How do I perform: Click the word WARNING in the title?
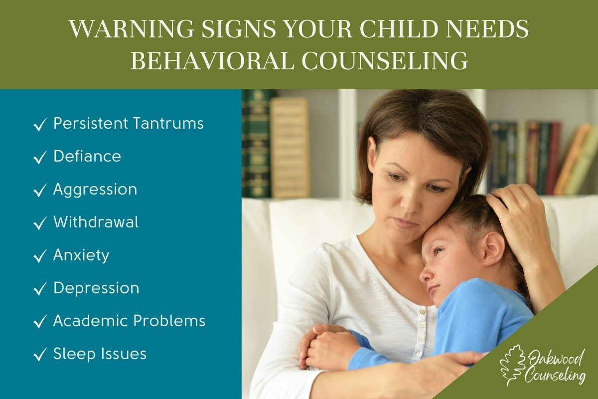132,29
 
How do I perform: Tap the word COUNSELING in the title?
385,61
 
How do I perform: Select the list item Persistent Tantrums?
129,124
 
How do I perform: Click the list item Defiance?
87,156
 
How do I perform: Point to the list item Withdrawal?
96,222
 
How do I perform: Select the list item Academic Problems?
129,320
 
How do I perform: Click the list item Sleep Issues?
100,354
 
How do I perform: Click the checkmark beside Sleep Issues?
40,355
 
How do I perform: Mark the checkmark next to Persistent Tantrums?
40,124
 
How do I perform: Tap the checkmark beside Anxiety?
40,256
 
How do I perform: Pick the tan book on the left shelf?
290,148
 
